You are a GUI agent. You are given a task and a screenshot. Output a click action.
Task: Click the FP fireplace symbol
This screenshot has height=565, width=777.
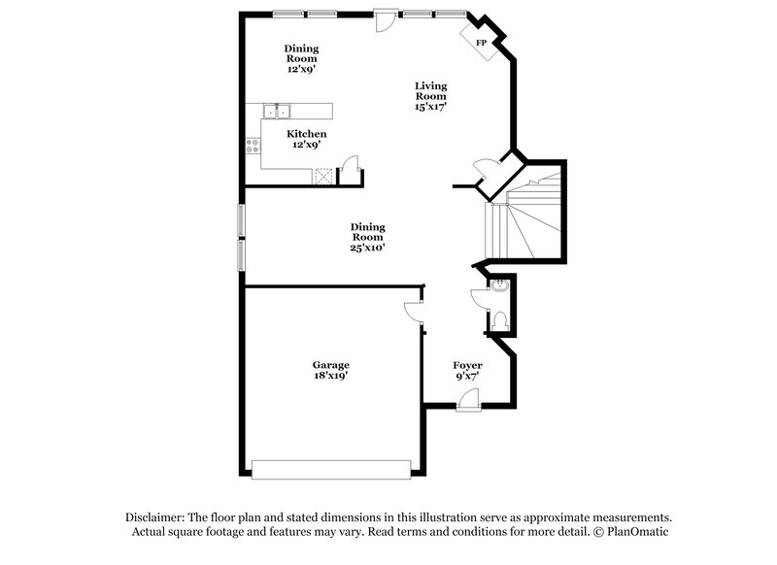pyautogui.click(x=481, y=42)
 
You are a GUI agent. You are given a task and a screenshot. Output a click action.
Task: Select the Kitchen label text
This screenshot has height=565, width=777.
pyautogui.click(x=306, y=134)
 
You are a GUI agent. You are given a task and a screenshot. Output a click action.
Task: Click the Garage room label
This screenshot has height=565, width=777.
pyautogui.click(x=330, y=365)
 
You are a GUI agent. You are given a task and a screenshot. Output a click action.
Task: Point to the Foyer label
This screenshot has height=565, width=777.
pyautogui.click(x=467, y=365)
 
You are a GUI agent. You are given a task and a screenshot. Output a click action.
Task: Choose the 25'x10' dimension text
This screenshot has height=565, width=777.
pyautogui.click(x=367, y=248)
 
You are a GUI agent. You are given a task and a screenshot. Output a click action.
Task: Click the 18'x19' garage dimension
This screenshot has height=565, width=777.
pyautogui.click(x=330, y=376)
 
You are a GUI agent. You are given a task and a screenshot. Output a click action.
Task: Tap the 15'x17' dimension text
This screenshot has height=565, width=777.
pyautogui.click(x=429, y=107)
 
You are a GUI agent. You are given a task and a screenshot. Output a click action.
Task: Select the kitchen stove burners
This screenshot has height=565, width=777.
pyautogui.click(x=253, y=147)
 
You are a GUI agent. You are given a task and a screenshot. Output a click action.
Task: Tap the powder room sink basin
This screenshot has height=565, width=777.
pyautogui.click(x=499, y=287)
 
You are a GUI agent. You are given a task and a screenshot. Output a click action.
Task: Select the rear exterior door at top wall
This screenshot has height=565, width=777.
pyautogui.click(x=386, y=19)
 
